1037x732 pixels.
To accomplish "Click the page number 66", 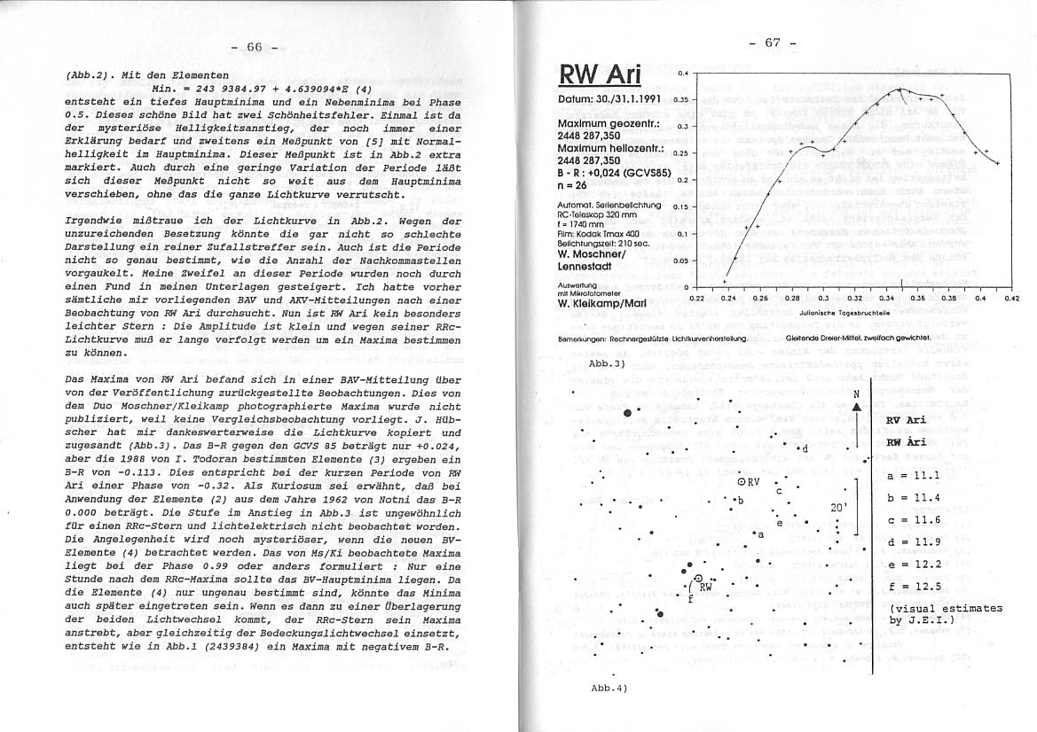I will click(255, 47).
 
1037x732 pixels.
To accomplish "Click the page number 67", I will click(773, 43).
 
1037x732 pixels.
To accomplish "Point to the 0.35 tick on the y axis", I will click(681, 99).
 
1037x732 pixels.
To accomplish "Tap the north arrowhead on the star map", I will click(856, 407).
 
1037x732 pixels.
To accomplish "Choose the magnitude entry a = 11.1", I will click(913, 476).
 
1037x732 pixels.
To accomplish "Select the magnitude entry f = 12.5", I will click(913, 585).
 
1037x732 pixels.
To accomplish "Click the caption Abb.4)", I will click(609, 689).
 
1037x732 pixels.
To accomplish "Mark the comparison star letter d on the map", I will click(804, 448).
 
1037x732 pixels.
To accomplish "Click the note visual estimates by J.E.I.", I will click(946, 614).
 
